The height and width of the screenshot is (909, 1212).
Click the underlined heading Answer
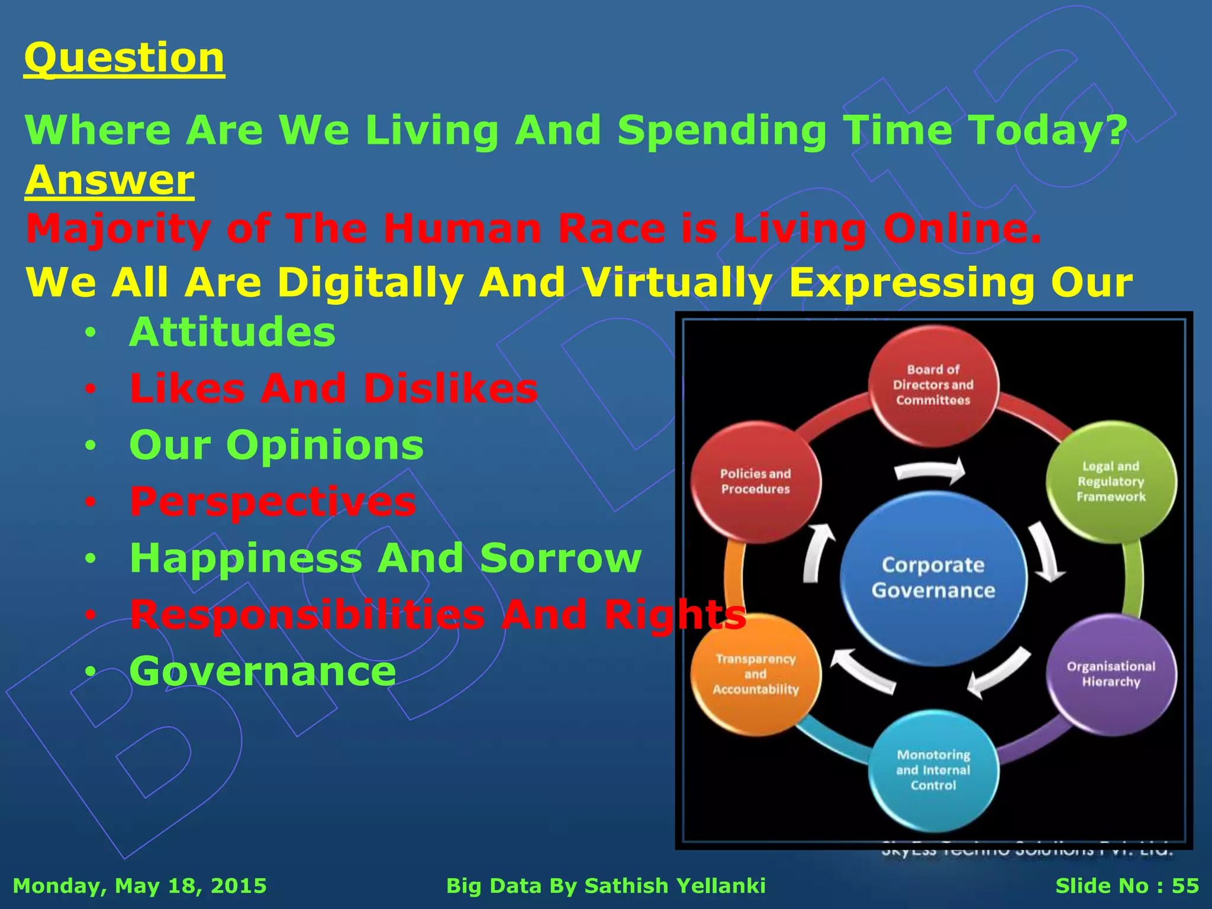(109, 180)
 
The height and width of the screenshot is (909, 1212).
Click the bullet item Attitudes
(232, 332)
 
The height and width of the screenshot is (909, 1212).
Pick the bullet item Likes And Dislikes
(334, 389)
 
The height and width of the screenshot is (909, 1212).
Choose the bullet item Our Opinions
(276, 445)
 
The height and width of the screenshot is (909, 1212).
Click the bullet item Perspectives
(273, 502)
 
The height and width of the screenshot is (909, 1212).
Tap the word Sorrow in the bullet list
(560, 558)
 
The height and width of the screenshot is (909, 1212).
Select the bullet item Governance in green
(263, 671)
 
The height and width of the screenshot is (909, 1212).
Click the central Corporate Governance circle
(933, 578)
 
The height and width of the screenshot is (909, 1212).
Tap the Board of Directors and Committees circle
(933, 385)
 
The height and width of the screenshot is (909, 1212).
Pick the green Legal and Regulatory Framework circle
(1111, 481)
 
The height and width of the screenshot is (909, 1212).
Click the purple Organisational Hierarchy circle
(1111, 673)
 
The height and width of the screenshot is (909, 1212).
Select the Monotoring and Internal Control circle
(933, 769)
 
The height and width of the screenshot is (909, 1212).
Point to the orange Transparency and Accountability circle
(756, 673)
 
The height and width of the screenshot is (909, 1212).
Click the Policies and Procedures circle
(756, 481)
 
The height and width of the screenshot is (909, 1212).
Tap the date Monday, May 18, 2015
(140, 886)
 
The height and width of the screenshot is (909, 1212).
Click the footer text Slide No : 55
(1127, 886)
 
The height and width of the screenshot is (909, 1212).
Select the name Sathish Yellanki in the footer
(675, 886)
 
